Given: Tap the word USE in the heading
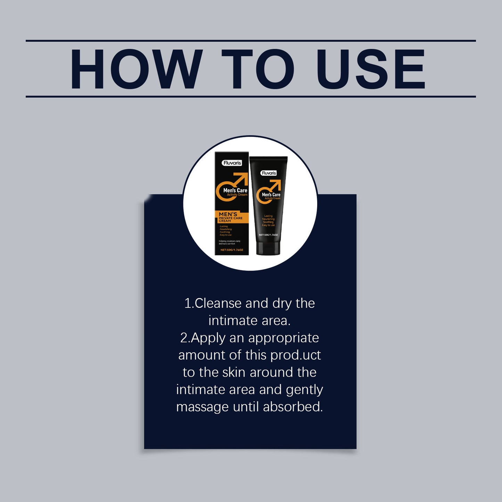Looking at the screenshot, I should [370, 69].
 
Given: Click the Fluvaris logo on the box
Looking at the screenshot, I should [232, 163].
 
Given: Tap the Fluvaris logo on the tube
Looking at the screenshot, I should [269, 173].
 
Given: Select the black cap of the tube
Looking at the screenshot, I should [268, 248].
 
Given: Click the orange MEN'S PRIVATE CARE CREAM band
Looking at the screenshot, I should [231, 217].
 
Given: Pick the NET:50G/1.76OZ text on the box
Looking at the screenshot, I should [232, 250].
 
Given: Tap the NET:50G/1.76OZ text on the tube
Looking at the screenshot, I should [268, 235].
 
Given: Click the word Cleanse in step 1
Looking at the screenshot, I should [218, 303].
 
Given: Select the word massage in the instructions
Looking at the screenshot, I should [202, 407].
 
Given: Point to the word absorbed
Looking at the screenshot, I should [293, 407].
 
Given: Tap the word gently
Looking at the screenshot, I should [304, 390].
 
